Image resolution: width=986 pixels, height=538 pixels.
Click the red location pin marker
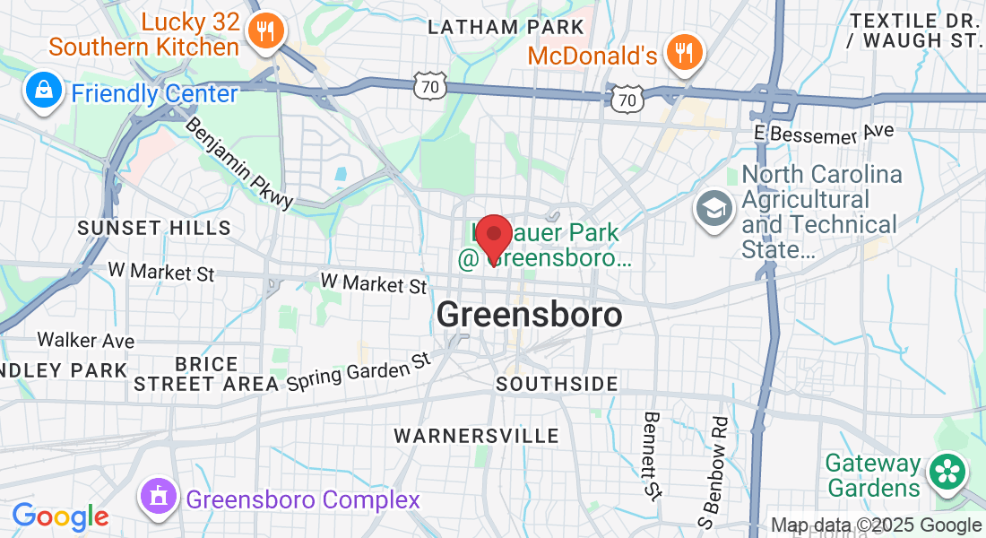492,238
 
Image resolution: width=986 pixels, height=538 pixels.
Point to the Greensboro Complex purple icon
158,497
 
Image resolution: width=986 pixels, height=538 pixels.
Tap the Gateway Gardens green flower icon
946,473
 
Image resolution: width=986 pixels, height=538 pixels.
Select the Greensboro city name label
529,315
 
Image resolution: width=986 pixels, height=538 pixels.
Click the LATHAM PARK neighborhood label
499,27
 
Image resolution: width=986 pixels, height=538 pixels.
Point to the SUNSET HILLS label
154,229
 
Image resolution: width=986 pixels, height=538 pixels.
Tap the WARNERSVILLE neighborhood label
476,436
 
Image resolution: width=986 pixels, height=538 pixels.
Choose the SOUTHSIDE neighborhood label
557,384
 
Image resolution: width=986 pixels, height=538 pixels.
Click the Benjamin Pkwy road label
239,163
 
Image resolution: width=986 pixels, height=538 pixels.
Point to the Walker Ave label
85,341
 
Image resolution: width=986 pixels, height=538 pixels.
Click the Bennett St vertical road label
652,455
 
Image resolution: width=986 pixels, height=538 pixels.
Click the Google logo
60,517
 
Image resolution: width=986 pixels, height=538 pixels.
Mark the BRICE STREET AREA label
206,374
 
